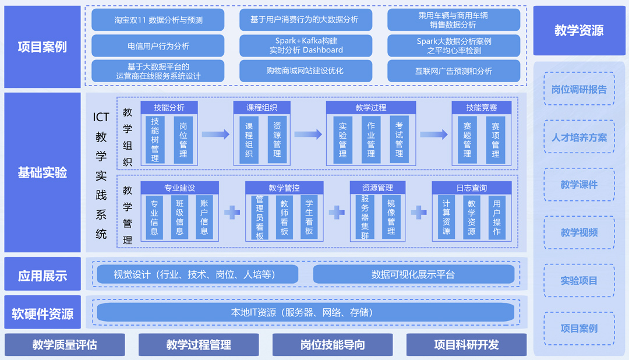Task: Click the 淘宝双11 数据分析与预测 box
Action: coord(158,20)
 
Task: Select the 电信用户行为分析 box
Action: coord(158,45)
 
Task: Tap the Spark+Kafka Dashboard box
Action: coord(306,45)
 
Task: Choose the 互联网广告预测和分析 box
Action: coord(454,71)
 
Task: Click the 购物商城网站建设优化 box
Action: coord(306,71)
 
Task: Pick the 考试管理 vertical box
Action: coord(399,139)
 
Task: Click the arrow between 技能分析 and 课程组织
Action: coord(215,135)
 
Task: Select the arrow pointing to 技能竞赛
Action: coord(434,135)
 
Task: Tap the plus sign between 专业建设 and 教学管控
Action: coord(232,213)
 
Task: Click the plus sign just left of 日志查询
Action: coord(419,213)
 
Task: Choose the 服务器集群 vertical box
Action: coord(365,217)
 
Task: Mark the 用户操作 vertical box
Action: coord(497,217)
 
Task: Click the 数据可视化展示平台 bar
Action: coord(414,274)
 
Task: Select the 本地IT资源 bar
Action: coord(306,312)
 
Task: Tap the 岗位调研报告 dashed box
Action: coord(579,89)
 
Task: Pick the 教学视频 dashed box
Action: coord(579,232)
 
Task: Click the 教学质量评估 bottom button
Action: coord(65,345)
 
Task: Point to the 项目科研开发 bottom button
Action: coord(466,345)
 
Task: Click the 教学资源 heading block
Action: coord(579,30)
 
